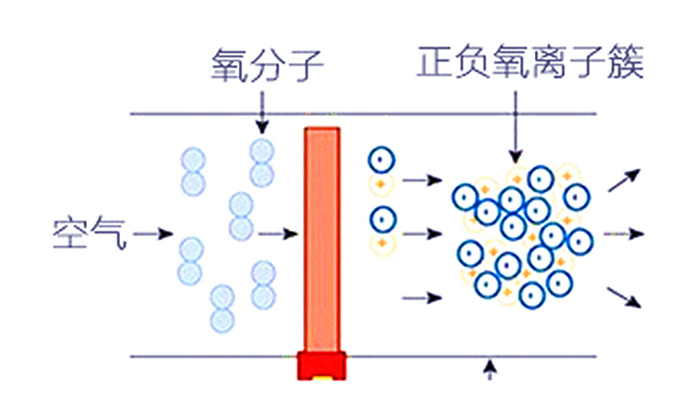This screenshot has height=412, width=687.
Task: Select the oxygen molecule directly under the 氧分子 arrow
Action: pos(262,162)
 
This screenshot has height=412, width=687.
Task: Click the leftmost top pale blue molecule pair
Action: pos(192,171)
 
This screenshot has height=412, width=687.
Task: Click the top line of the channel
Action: pos(217,114)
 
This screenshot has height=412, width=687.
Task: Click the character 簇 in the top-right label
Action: pos(625,64)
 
